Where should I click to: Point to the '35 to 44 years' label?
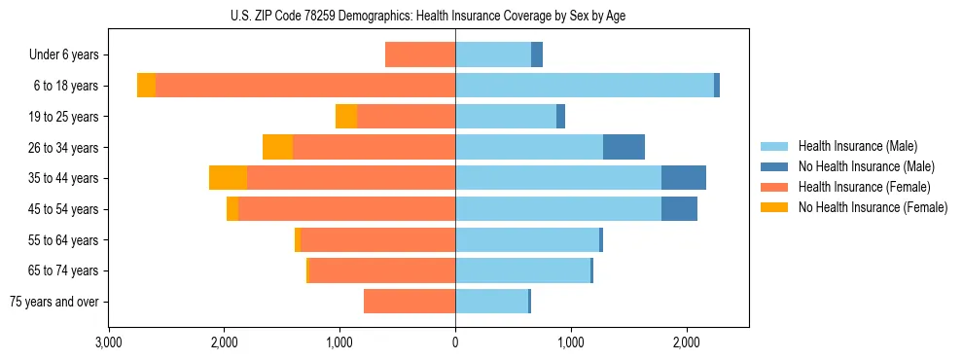tap(63, 178)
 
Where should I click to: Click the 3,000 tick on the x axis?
tap(109, 342)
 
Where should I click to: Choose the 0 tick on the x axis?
tap(455, 342)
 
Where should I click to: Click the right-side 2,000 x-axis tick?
tap(686, 342)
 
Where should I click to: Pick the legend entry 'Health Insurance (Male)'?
tap(857, 146)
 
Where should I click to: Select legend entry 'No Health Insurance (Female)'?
tap(873, 207)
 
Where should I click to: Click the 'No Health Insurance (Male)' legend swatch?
tap(774, 166)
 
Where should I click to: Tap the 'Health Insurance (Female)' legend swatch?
tap(774, 187)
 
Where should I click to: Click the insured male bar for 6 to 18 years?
tap(584, 86)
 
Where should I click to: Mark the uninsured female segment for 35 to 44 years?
tap(228, 178)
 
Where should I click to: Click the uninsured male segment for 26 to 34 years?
tap(624, 147)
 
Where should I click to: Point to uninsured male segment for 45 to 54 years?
tap(679, 209)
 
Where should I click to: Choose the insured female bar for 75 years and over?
tap(410, 302)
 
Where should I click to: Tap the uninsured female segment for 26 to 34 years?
tap(277, 147)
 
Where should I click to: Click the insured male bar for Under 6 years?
tap(493, 55)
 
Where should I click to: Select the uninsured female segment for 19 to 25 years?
tap(346, 117)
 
